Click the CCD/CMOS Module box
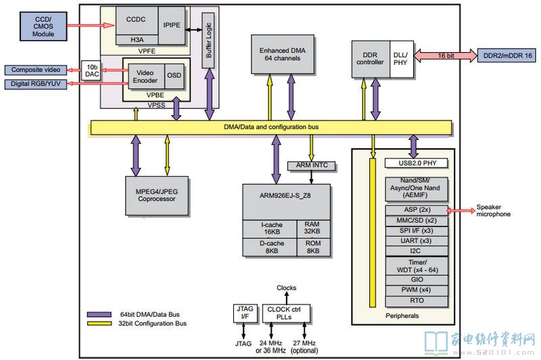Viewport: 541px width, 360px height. (43, 26)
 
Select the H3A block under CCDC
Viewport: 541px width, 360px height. (137, 40)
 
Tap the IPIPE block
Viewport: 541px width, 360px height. (172, 25)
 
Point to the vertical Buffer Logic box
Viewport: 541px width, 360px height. (208, 41)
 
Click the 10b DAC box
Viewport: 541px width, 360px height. (91, 70)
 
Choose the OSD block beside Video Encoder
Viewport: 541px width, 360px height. (174, 76)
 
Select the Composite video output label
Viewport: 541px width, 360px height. (36, 70)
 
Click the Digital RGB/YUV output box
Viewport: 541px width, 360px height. (36, 84)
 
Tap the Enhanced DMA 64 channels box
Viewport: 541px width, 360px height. (283, 54)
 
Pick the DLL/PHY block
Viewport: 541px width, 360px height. (401, 59)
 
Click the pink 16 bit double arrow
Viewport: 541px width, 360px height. (446, 55)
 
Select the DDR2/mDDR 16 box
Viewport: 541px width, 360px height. (507, 55)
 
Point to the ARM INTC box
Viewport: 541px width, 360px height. (312, 166)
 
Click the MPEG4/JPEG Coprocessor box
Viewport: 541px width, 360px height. (157, 196)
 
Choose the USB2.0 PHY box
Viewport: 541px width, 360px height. (417, 163)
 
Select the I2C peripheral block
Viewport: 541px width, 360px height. (417, 251)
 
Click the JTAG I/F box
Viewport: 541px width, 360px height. (245, 313)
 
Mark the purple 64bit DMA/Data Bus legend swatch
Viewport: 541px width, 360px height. (99, 315)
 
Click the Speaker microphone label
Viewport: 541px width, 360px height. (494, 210)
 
